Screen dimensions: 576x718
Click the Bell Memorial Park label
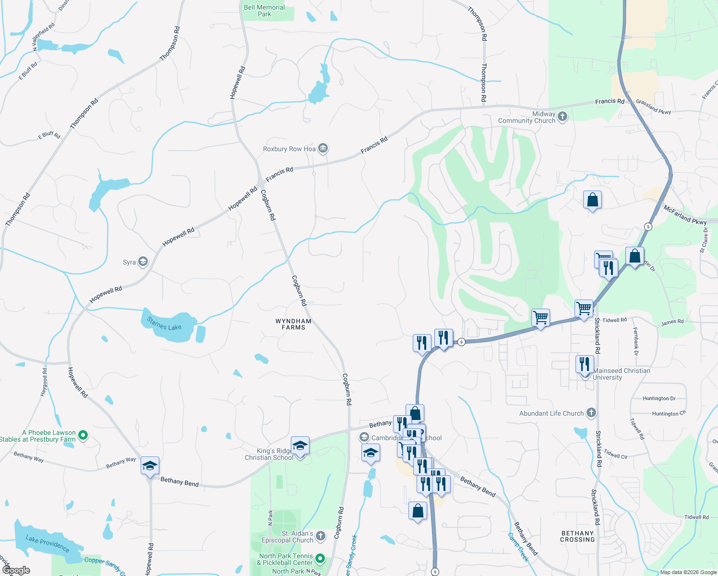pos(264,11)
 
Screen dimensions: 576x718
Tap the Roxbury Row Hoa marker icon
pos(323,148)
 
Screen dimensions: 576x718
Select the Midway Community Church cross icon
pos(562,117)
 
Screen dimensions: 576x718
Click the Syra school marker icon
pos(143,262)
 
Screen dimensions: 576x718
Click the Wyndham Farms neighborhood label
pos(293,324)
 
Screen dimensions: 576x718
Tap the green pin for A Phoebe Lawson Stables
pos(83,435)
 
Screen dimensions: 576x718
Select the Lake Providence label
pos(48,543)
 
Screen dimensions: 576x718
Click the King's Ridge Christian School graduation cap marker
pos(300,446)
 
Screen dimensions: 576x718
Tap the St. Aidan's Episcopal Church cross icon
pos(321,536)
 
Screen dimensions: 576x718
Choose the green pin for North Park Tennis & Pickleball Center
pos(320,559)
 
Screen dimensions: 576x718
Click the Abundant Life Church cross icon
pos(591,413)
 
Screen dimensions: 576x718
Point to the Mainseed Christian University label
pos(622,374)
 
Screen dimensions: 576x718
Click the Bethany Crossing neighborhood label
pos(577,536)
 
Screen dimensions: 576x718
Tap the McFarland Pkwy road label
pos(685,215)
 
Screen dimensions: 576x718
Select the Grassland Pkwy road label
pos(653,107)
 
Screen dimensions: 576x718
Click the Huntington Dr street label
pos(659,398)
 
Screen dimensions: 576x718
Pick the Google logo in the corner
pos(16,570)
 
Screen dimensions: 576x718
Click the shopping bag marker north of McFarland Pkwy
pos(593,199)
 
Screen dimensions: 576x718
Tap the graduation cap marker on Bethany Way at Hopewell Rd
pos(150,466)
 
